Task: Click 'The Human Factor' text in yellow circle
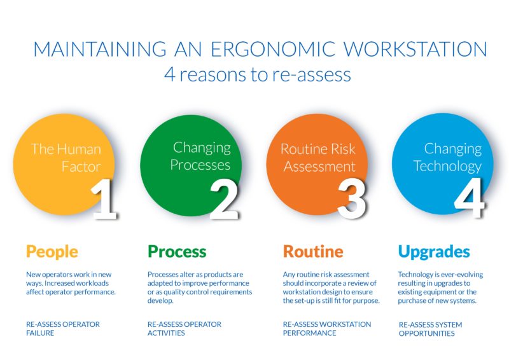pos(66,158)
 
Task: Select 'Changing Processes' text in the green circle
pos(201,156)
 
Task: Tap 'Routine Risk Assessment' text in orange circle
pos(319,158)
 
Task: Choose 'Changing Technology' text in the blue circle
pos(447,157)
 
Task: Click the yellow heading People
pos(52,251)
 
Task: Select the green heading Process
pos(177,251)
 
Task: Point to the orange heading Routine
pos(313,251)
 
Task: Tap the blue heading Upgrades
pos(434,251)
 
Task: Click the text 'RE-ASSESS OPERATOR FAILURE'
pos(63,328)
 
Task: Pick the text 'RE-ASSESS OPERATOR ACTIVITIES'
pos(185,328)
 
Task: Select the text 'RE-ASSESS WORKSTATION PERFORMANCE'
pos(327,328)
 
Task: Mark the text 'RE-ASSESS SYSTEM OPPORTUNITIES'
pos(430,329)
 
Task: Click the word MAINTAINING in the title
pos(90,50)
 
